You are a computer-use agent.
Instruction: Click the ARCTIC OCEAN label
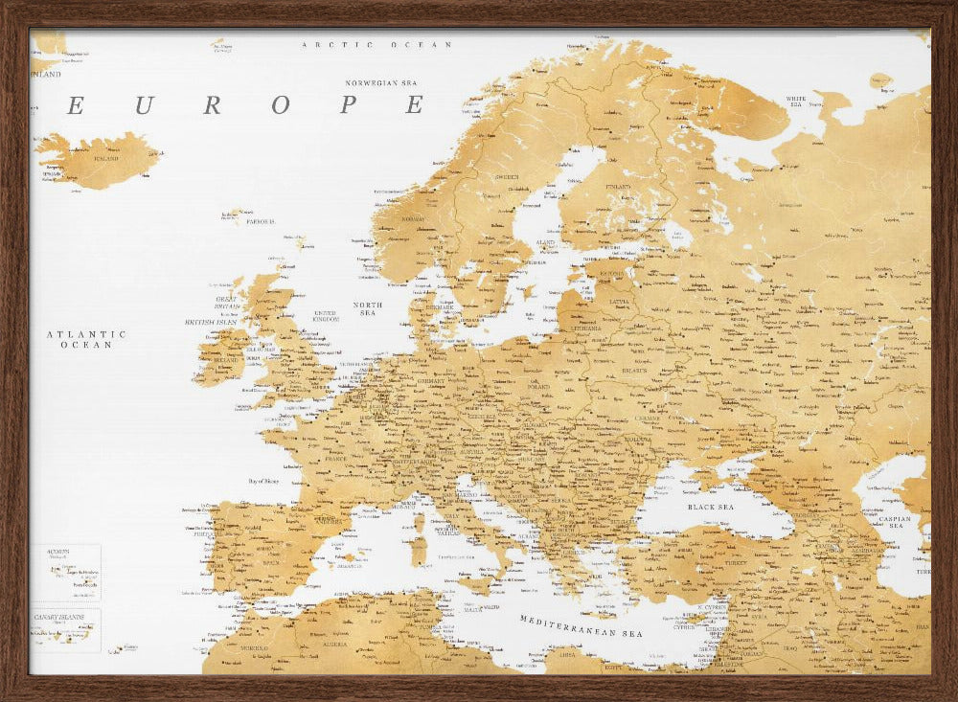click(376, 45)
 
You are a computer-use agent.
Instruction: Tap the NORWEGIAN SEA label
click(383, 83)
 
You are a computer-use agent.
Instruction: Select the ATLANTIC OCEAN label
click(86, 339)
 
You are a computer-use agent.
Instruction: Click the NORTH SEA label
click(368, 308)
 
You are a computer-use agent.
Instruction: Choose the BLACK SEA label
click(710, 506)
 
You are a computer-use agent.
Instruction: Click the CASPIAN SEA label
click(895, 520)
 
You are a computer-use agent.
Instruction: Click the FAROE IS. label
click(259, 221)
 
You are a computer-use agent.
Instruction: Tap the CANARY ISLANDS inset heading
click(57, 617)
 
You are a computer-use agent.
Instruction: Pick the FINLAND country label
click(618, 187)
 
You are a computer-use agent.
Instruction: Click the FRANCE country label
click(334, 459)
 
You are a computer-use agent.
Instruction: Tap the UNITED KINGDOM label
click(326, 315)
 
